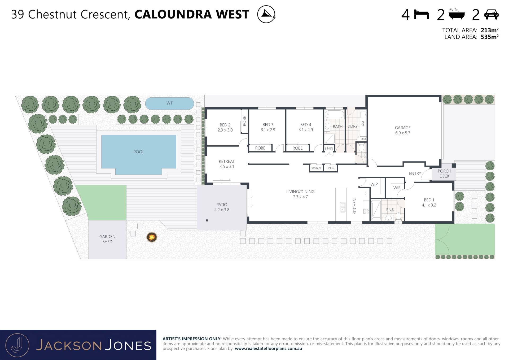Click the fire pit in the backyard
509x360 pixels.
click(x=152, y=237)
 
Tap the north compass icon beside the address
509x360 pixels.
click(x=266, y=14)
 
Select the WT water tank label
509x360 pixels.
click(x=169, y=103)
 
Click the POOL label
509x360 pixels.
click(x=139, y=152)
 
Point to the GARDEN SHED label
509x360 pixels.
click(x=107, y=239)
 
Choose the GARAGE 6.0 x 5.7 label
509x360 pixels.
click(x=402, y=130)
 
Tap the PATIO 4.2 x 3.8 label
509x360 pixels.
click(x=222, y=207)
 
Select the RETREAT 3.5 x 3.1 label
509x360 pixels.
click(x=227, y=164)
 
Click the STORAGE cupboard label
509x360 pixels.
click(x=316, y=168)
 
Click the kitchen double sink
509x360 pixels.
click(x=343, y=207)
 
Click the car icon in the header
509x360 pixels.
click(x=491, y=14)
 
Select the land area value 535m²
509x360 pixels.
click(x=490, y=37)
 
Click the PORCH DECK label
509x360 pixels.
click(x=444, y=174)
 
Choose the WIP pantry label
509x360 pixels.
click(x=374, y=184)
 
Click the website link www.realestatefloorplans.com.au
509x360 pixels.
click(x=268, y=349)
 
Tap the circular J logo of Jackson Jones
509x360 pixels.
click(x=17, y=345)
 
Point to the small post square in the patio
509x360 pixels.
click(x=207, y=220)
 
